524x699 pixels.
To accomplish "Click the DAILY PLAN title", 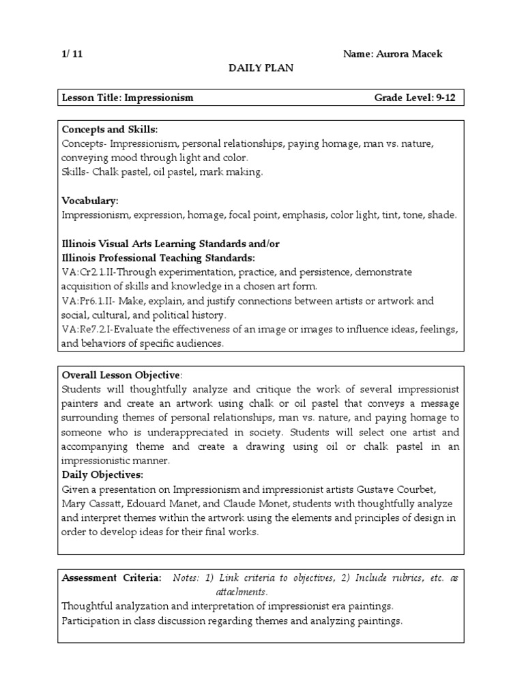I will [261, 69].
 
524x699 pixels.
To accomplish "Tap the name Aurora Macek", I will [412, 54].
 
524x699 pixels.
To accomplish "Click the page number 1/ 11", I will [72, 54].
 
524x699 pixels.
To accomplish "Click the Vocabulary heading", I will [90, 201].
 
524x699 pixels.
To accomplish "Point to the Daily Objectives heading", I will [103, 474].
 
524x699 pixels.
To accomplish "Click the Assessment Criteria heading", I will [112, 577].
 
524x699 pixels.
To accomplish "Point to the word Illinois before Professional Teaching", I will [80, 258].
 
